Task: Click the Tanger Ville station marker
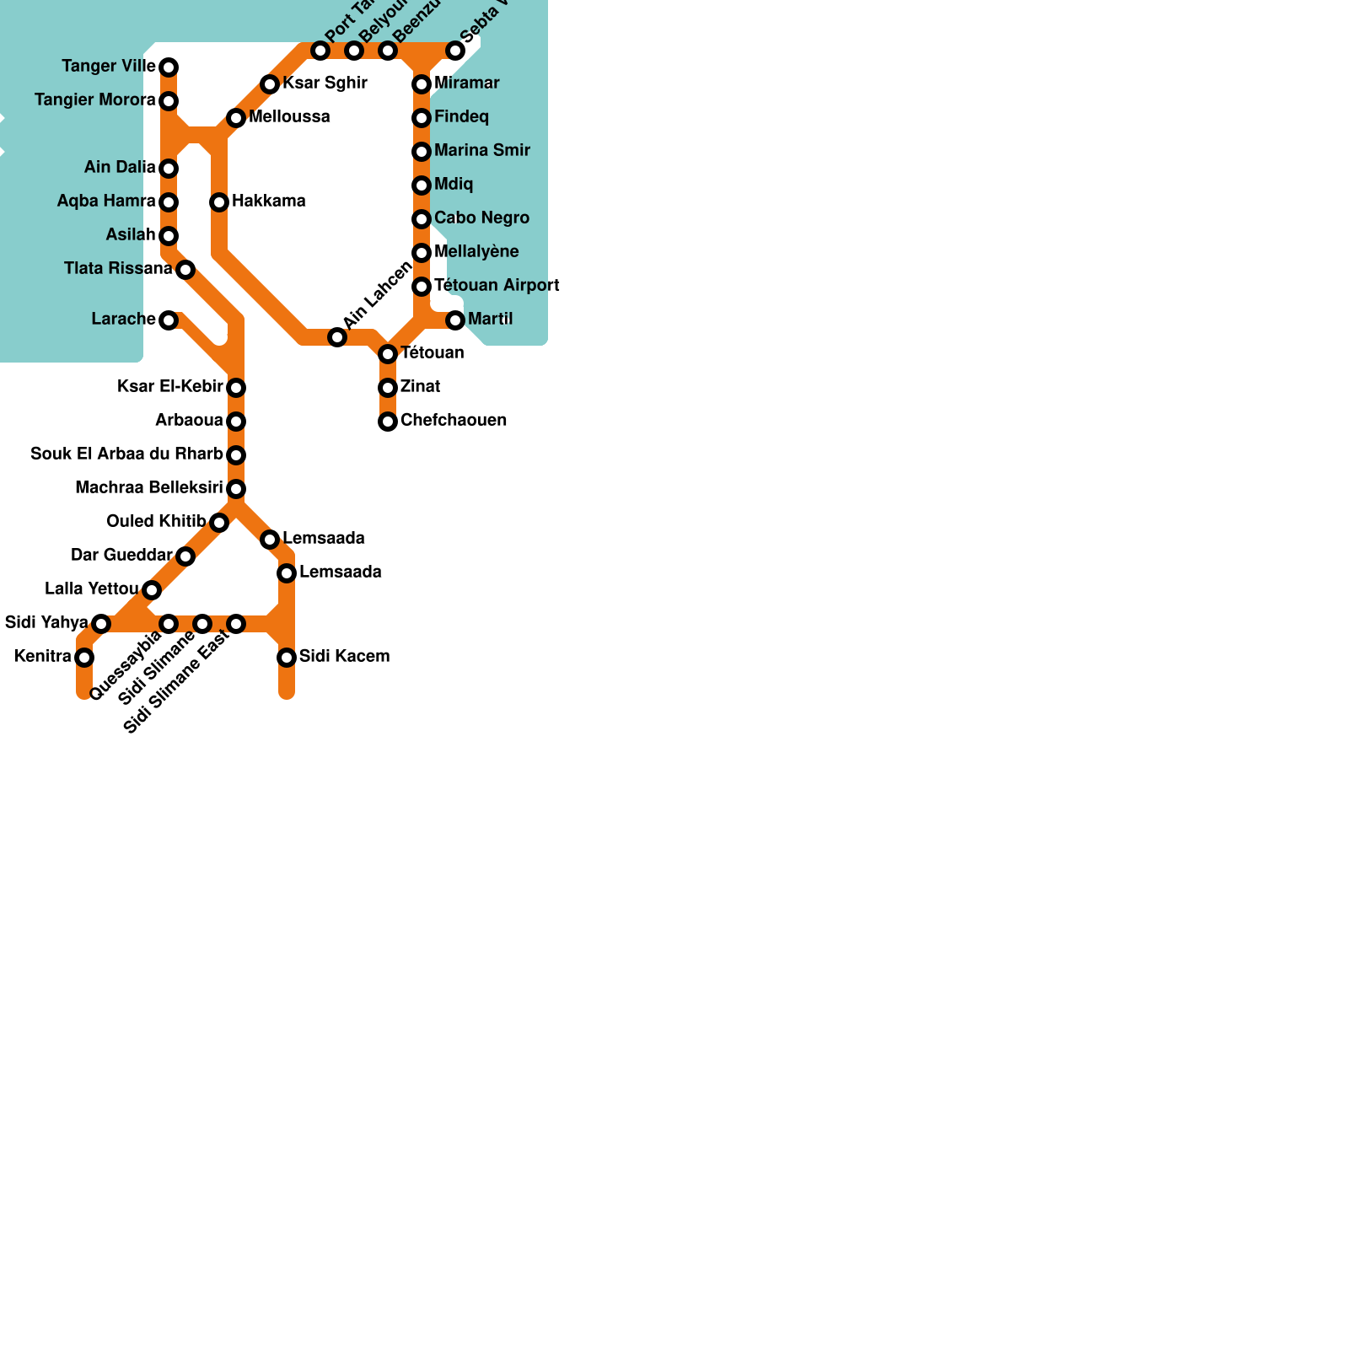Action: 169,67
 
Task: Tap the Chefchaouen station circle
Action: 388,422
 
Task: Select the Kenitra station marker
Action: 84,658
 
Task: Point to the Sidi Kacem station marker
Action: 287,658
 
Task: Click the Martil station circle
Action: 455,320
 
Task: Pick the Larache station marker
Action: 169,320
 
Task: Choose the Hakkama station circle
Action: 219,202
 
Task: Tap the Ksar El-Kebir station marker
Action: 236,388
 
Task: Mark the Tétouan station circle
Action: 388,354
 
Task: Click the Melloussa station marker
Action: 236,118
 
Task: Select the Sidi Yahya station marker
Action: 101,624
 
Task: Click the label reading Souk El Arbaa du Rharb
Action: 126,454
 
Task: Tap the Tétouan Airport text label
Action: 497,286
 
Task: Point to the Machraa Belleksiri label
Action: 148,488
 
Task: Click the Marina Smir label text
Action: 482,151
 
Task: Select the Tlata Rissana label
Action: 118,269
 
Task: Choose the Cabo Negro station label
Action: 481,218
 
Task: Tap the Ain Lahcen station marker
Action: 337,337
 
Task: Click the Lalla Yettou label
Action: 91,589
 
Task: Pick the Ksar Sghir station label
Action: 325,83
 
